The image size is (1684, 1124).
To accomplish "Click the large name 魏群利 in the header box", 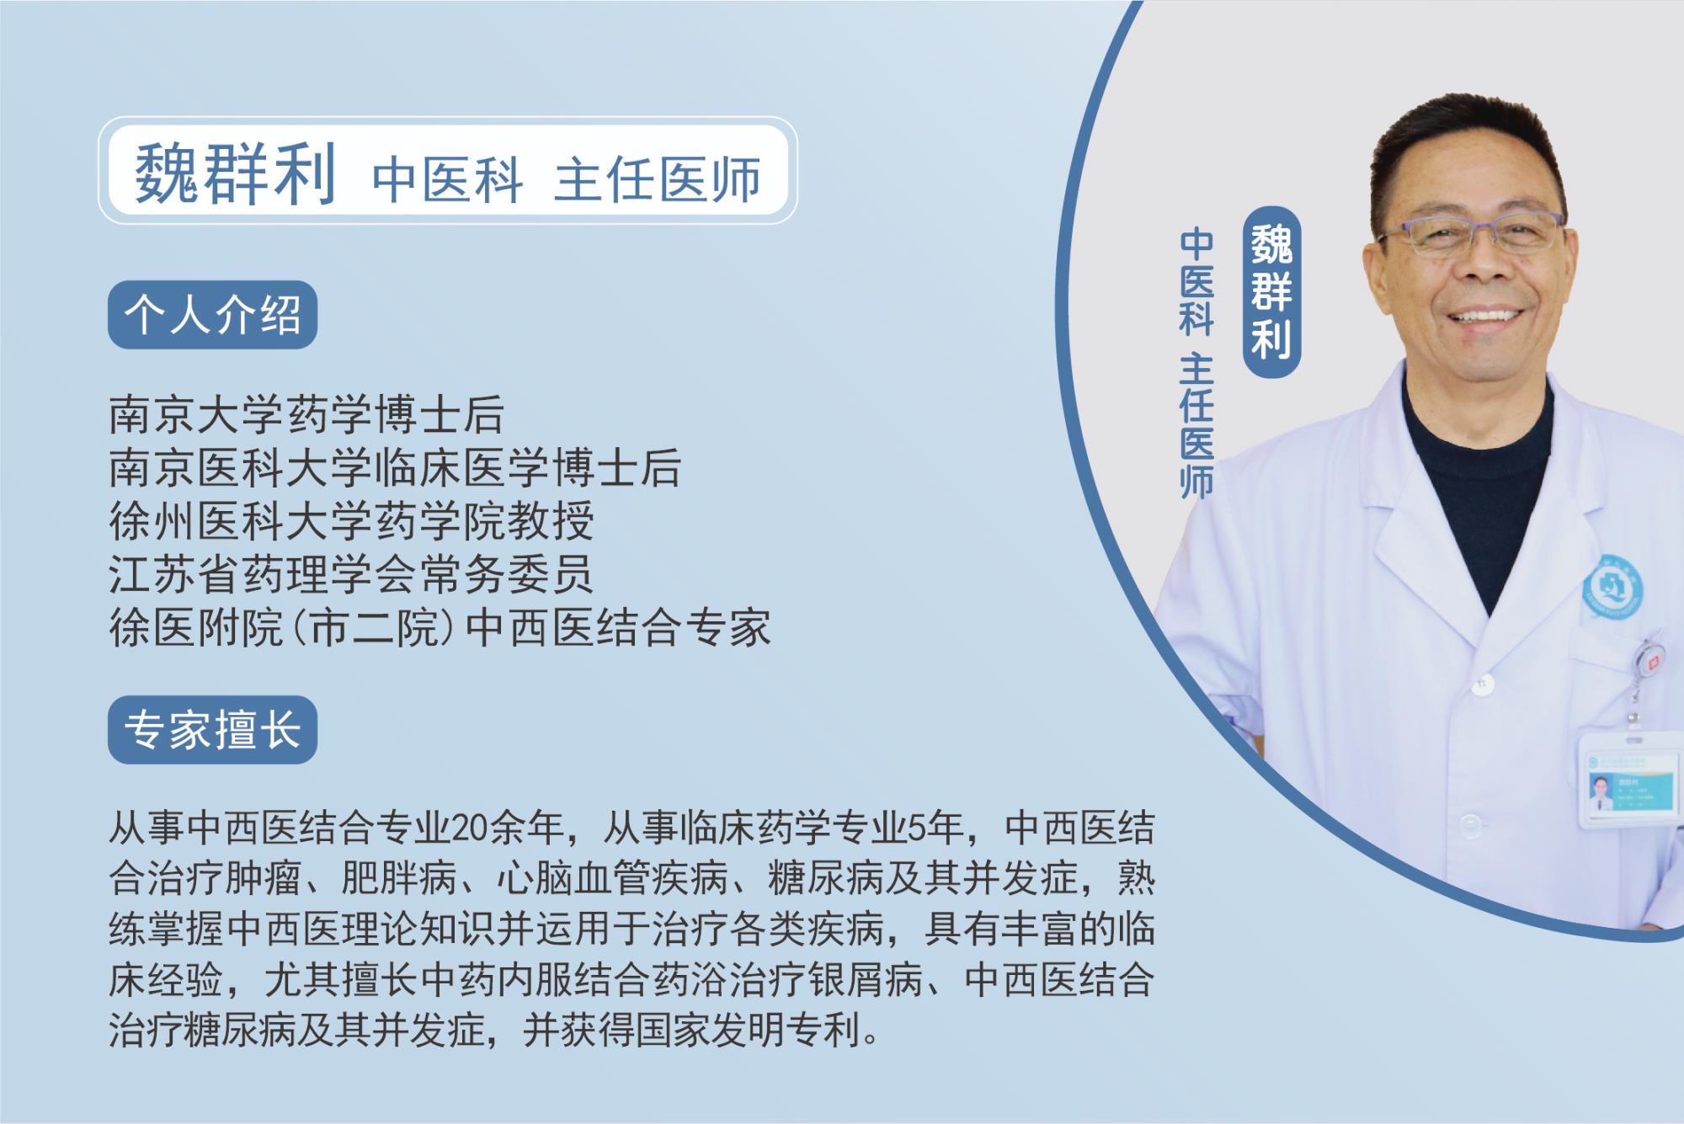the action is click(236, 173).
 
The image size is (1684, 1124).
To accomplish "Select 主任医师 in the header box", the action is click(658, 178).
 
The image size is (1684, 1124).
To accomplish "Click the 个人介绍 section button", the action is click(212, 315).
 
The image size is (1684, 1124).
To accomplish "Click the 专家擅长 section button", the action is click(212, 729).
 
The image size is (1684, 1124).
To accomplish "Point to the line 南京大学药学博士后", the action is click(306, 415).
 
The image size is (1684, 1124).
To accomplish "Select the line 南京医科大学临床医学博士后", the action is click(395, 468).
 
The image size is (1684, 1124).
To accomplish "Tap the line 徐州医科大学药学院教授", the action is click(352, 521).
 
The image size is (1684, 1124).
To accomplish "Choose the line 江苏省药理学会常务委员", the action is click(351, 574).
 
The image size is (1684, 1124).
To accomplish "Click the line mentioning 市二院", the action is click(440, 627).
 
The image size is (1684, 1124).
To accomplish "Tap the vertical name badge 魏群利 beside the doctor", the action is click(1271, 291).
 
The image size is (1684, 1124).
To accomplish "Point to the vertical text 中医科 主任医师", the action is click(1196, 364).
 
